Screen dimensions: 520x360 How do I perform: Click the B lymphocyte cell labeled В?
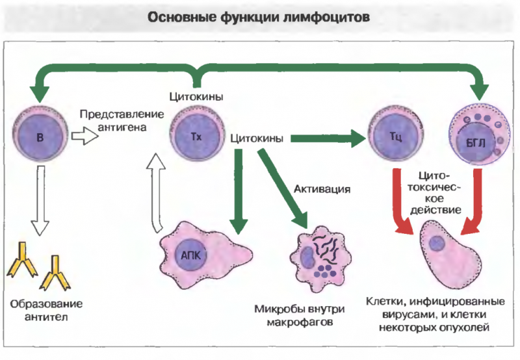[40, 136]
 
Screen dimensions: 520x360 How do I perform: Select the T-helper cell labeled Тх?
[197, 135]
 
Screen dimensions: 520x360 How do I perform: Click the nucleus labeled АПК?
[190, 255]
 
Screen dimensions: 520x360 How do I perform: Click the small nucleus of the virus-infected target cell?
[436, 244]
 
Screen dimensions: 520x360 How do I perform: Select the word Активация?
[322, 189]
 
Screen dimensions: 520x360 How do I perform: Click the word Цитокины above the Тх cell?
[196, 97]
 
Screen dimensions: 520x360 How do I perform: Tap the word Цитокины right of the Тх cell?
[257, 138]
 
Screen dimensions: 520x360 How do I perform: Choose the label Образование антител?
[46, 310]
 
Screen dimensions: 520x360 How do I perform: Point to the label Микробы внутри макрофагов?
[300, 315]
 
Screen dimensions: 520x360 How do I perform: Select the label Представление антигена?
[122, 121]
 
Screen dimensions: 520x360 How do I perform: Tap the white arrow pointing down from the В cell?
[40, 201]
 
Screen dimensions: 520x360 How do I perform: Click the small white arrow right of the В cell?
[85, 136]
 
